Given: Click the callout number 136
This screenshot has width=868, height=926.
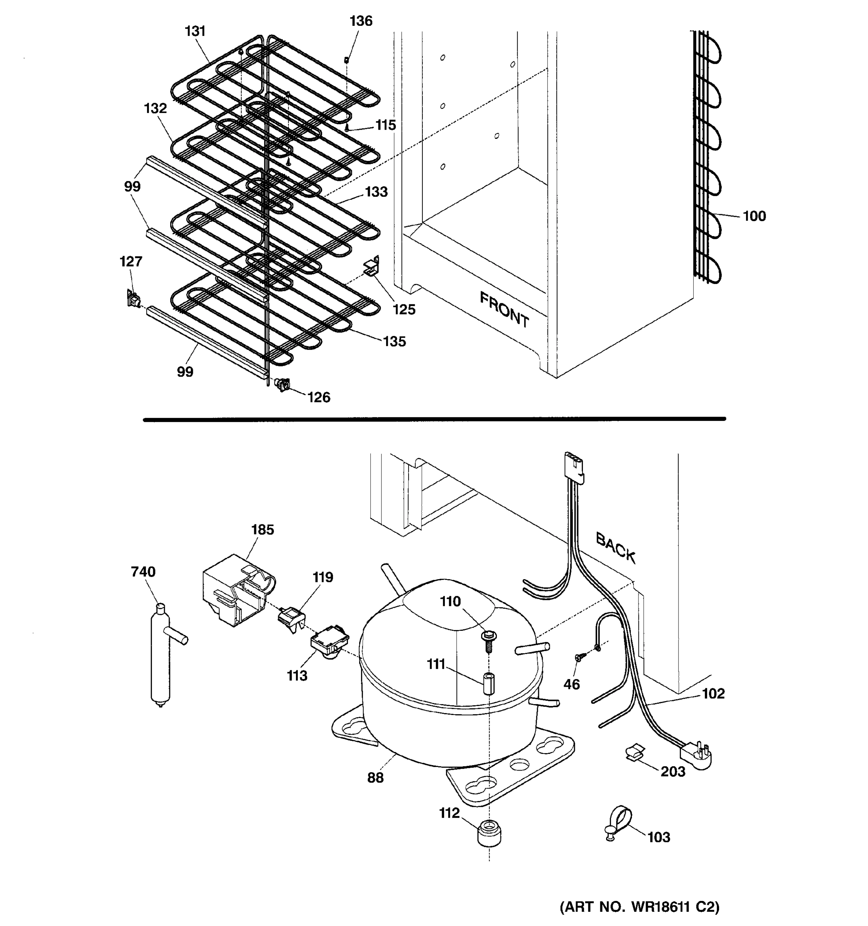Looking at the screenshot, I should pyautogui.click(x=361, y=21).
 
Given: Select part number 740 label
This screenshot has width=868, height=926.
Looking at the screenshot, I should pyautogui.click(x=143, y=571).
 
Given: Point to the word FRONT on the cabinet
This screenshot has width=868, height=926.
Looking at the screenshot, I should pyautogui.click(x=504, y=309).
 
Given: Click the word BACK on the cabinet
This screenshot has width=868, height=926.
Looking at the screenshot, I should pyautogui.click(x=615, y=548).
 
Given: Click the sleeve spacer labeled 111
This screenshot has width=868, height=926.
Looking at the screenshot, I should pyautogui.click(x=488, y=683).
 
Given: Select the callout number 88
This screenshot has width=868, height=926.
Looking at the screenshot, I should pyautogui.click(x=375, y=777).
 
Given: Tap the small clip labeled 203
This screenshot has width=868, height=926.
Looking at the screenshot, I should pyautogui.click(x=634, y=752).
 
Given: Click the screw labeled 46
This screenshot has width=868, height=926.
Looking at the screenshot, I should pyautogui.click(x=580, y=657).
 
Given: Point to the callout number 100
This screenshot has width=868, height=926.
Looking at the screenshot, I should pyautogui.click(x=754, y=216).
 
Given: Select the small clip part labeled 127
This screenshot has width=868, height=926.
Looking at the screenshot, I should pyautogui.click(x=133, y=298).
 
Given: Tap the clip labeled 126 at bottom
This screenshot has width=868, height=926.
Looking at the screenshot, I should pyautogui.click(x=282, y=384).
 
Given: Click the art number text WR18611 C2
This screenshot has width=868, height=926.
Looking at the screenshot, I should pyautogui.click(x=639, y=906).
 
